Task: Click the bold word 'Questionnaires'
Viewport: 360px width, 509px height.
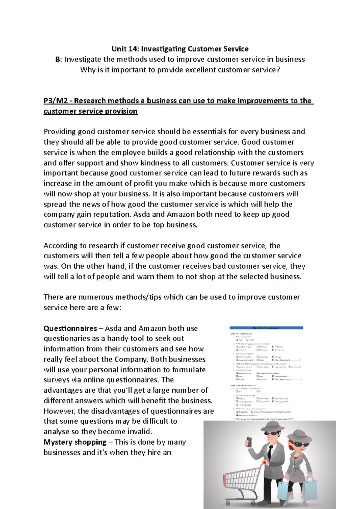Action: (70, 328)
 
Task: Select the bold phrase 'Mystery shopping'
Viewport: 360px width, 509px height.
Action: (75, 442)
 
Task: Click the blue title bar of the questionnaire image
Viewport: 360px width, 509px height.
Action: (266, 328)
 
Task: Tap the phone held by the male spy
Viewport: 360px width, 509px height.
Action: (249, 442)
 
